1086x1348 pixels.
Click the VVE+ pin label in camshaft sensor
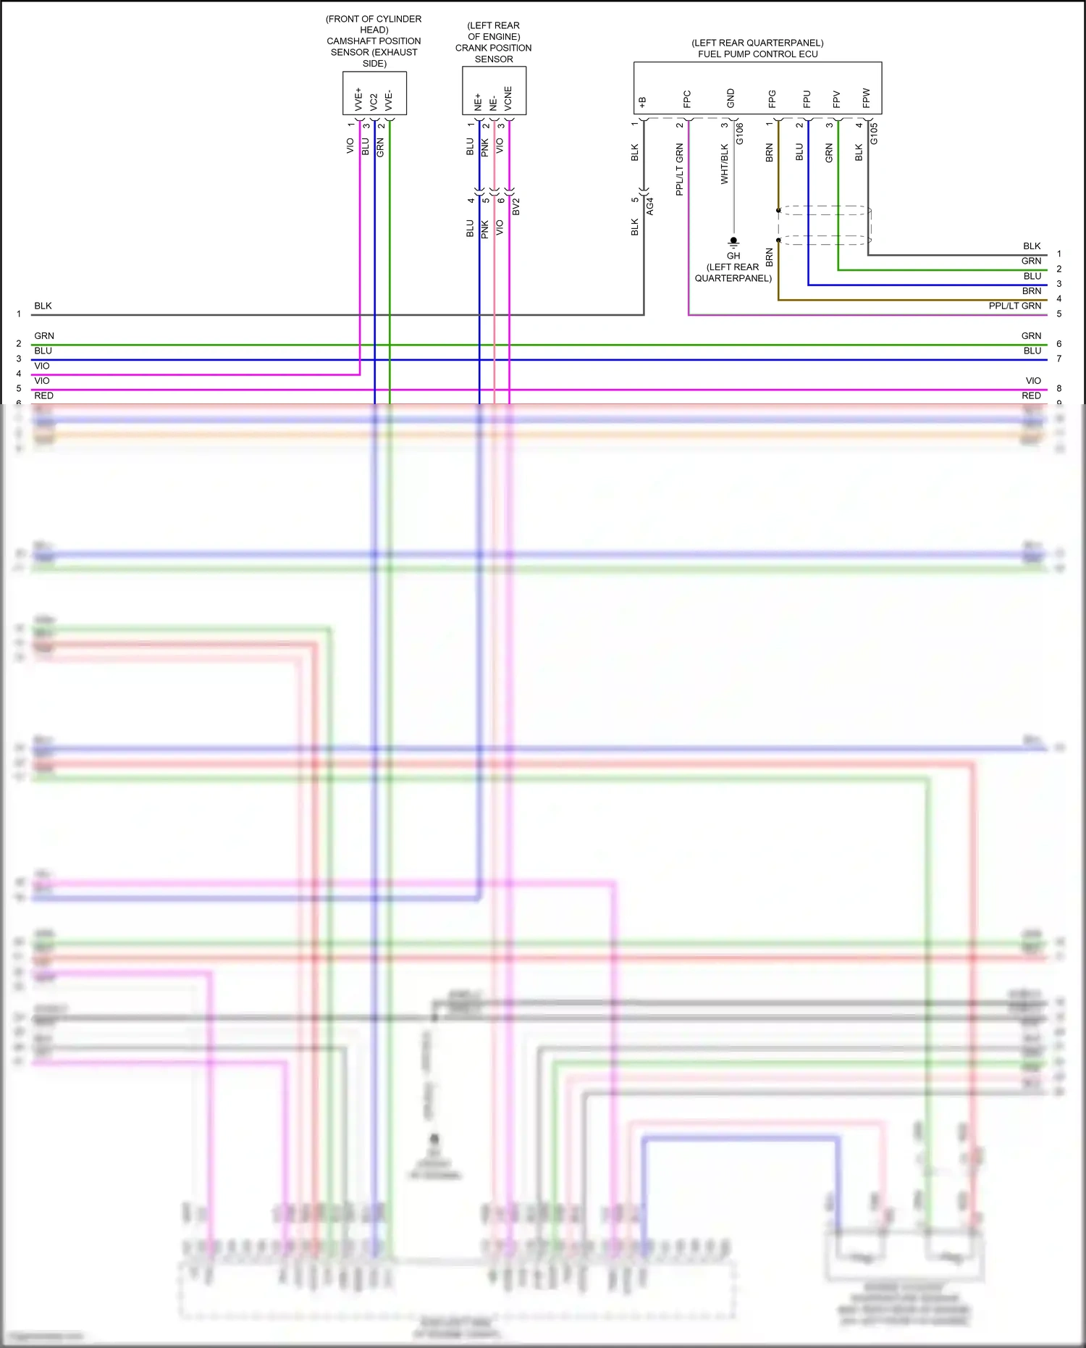point(358,99)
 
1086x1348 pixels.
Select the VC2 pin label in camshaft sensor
point(374,101)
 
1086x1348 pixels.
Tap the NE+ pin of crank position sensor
point(478,101)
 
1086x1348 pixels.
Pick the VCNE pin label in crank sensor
point(508,99)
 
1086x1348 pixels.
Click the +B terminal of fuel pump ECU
point(642,102)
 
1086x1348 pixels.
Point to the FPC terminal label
point(687,99)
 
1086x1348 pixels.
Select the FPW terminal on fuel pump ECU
point(866,98)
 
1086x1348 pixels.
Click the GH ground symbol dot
point(733,240)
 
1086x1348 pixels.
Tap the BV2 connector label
point(516,206)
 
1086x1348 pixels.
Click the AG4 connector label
point(650,206)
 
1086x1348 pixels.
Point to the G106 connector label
point(740,134)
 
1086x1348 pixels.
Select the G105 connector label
point(874,134)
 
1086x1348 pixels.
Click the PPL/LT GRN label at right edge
point(1014,306)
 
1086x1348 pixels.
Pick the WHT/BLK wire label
point(725,164)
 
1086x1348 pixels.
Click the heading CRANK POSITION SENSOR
point(493,53)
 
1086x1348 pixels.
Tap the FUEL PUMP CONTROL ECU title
point(757,54)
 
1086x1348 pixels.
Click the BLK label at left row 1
point(43,306)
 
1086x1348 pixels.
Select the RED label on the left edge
point(43,395)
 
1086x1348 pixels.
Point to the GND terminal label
point(731,99)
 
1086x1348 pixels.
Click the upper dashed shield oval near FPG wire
point(824,210)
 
